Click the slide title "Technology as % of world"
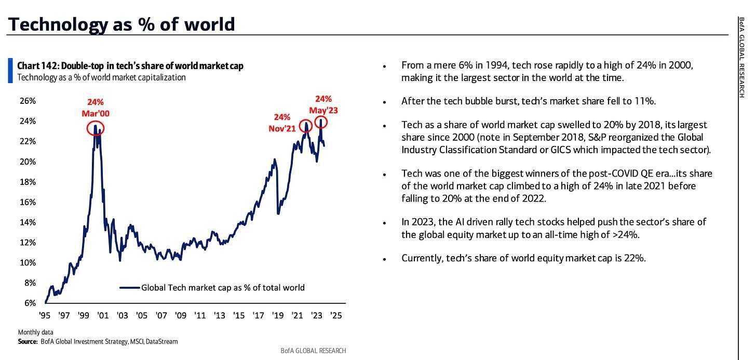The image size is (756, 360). point(121,24)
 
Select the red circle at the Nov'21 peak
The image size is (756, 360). point(306,125)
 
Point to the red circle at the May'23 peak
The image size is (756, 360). point(321,124)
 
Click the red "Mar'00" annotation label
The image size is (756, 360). point(96,113)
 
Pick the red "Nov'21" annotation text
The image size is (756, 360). point(282,128)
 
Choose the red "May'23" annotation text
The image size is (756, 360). point(323,110)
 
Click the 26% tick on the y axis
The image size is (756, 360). point(27,101)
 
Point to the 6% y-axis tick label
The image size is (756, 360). point(29,303)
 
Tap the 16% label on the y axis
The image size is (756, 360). point(27,202)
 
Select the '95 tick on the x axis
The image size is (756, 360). point(45,315)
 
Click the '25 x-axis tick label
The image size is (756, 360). point(335,315)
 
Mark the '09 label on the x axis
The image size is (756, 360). point(180,315)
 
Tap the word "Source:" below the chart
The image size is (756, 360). point(28,341)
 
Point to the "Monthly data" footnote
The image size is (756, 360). point(35,332)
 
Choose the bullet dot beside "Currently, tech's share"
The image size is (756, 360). point(384,259)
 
